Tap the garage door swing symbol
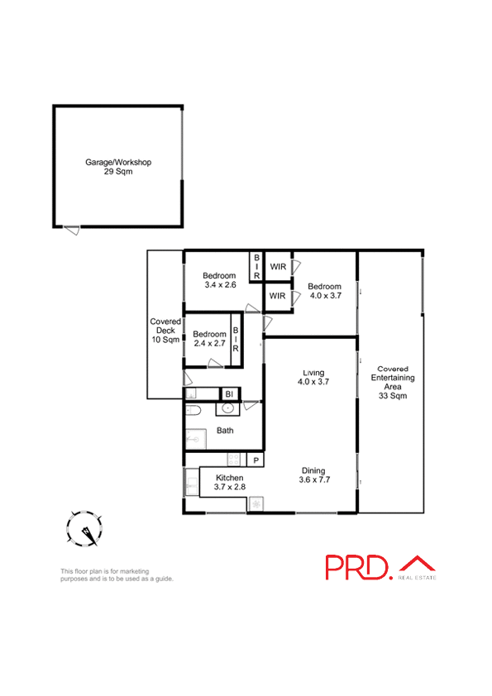73,230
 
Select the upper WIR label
278,266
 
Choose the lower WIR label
278,296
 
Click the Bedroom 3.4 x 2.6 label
220,280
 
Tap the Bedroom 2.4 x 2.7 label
209,338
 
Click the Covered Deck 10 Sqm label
165,331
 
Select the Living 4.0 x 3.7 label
313,376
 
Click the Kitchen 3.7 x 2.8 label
230,483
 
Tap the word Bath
225,431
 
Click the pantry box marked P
256,460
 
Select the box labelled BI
229,394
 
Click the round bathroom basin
227,408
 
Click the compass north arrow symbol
85,529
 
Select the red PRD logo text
356,567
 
